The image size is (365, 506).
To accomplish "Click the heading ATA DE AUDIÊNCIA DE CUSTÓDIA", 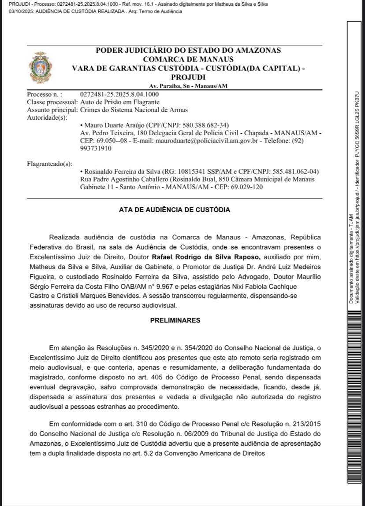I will click(174, 210).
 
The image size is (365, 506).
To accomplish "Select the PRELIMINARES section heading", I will click(175, 320).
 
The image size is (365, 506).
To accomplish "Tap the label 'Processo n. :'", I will click(45, 94).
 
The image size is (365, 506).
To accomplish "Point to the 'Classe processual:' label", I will click(52, 102).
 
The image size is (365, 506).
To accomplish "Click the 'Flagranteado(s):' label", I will click(49, 164).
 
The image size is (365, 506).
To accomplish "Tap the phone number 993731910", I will click(96, 149).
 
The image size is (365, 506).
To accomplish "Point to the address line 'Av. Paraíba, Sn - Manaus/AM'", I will click(188, 86).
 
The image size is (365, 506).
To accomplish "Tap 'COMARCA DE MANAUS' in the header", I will click(188, 59).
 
